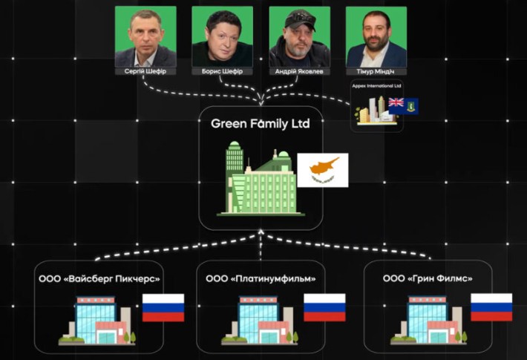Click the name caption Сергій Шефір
(x=145, y=71)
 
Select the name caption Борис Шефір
(x=222, y=71)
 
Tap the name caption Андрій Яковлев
(x=299, y=71)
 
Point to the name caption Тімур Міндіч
(x=376, y=71)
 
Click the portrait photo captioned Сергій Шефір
(x=145, y=36)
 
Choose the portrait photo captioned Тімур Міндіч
(x=376, y=36)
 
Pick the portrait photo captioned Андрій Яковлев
(x=299, y=36)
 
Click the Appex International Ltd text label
(x=376, y=86)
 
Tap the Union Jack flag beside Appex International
(x=396, y=104)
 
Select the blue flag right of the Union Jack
(x=410, y=105)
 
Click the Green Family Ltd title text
(x=260, y=123)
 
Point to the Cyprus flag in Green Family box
(x=323, y=171)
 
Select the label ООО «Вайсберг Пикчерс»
(x=99, y=278)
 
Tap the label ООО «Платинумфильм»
(x=261, y=278)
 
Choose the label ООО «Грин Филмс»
(x=428, y=278)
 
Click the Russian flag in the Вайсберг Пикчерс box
(x=163, y=307)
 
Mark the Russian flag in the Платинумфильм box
(x=324, y=307)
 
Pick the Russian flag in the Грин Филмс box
(x=491, y=307)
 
